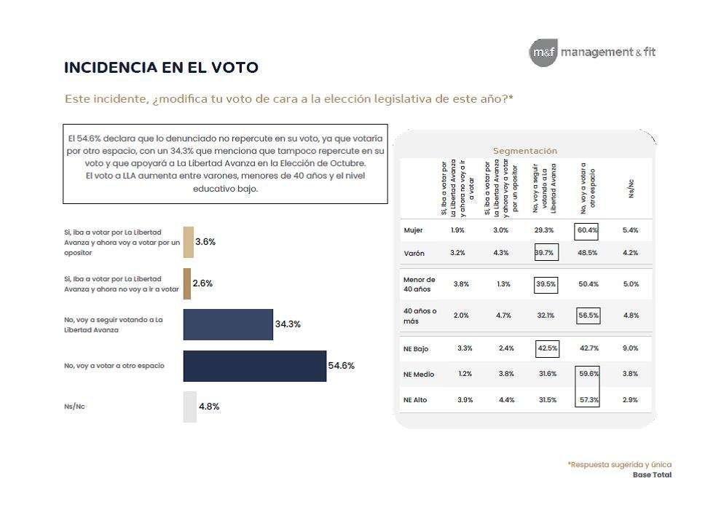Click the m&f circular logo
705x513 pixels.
click(x=543, y=52)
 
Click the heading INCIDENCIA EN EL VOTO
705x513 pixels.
click(x=161, y=68)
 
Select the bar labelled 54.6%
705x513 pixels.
click(x=254, y=366)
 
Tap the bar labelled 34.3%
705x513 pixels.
click(x=228, y=324)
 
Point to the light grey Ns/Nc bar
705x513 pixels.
click(x=189, y=407)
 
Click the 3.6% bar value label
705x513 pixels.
click(x=205, y=242)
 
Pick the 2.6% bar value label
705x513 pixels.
click(x=202, y=283)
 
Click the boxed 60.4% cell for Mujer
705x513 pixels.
click(x=587, y=230)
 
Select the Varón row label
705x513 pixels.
click(x=414, y=253)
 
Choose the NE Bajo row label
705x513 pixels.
click(x=416, y=349)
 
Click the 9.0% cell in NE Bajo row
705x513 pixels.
click(x=630, y=348)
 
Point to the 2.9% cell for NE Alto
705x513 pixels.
click(x=630, y=399)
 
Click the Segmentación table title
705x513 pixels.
click(x=524, y=151)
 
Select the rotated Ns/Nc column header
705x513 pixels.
click(x=631, y=189)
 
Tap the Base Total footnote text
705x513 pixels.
click(x=652, y=475)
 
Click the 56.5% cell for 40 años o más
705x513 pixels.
click(x=587, y=316)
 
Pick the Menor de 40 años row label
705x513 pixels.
click(x=419, y=284)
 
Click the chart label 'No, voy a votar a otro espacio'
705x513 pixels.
click(x=113, y=365)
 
